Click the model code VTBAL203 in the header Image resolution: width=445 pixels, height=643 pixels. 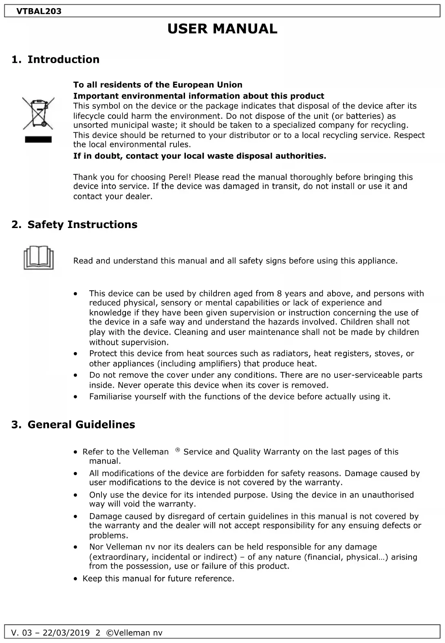click(39, 11)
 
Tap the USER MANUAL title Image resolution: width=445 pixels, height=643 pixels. click(222, 29)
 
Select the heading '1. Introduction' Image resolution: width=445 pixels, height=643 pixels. click(55, 59)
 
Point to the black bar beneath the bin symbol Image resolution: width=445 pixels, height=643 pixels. click(38, 140)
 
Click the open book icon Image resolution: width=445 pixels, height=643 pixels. click(38, 258)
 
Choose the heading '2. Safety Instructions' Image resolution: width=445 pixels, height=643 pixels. click(74, 224)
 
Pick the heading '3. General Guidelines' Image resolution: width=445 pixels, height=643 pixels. click(73, 424)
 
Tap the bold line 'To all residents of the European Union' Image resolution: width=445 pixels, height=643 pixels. click(158, 85)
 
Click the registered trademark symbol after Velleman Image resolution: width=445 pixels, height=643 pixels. click(178, 450)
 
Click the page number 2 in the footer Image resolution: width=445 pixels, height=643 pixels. click(97, 633)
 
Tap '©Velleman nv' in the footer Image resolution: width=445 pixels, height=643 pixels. click(134, 633)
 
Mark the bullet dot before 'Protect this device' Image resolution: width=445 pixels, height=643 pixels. click(75, 354)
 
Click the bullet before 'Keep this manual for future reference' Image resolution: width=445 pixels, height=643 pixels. click(75, 579)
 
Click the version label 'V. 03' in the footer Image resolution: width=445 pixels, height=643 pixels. click(20, 633)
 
